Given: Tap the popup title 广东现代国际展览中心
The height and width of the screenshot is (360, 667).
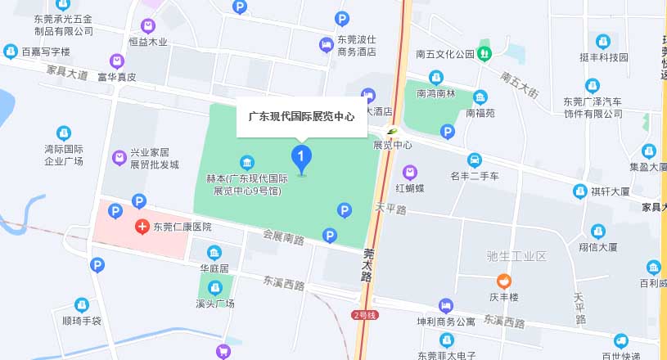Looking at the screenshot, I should click(x=301, y=117).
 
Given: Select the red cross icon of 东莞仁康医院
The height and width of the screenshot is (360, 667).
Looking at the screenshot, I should click(x=142, y=226).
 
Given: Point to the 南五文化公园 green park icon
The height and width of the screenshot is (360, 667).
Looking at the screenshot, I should click(x=484, y=54).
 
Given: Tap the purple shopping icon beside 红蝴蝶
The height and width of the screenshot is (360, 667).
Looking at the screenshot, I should click(x=409, y=172).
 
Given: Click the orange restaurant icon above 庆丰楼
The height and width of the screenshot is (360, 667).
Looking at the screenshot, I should click(x=505, y=281).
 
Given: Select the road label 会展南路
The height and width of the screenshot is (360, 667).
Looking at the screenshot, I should click(x=283, y=239).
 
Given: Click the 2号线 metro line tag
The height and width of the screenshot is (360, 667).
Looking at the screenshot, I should click(x=364, y=315).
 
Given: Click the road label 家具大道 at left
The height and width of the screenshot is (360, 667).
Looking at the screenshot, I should click(x=67, y=74).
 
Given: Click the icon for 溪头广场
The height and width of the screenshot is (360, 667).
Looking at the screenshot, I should click(x=215, y=287).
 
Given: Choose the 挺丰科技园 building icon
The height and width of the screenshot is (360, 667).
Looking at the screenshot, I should click(x=603, y=41).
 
